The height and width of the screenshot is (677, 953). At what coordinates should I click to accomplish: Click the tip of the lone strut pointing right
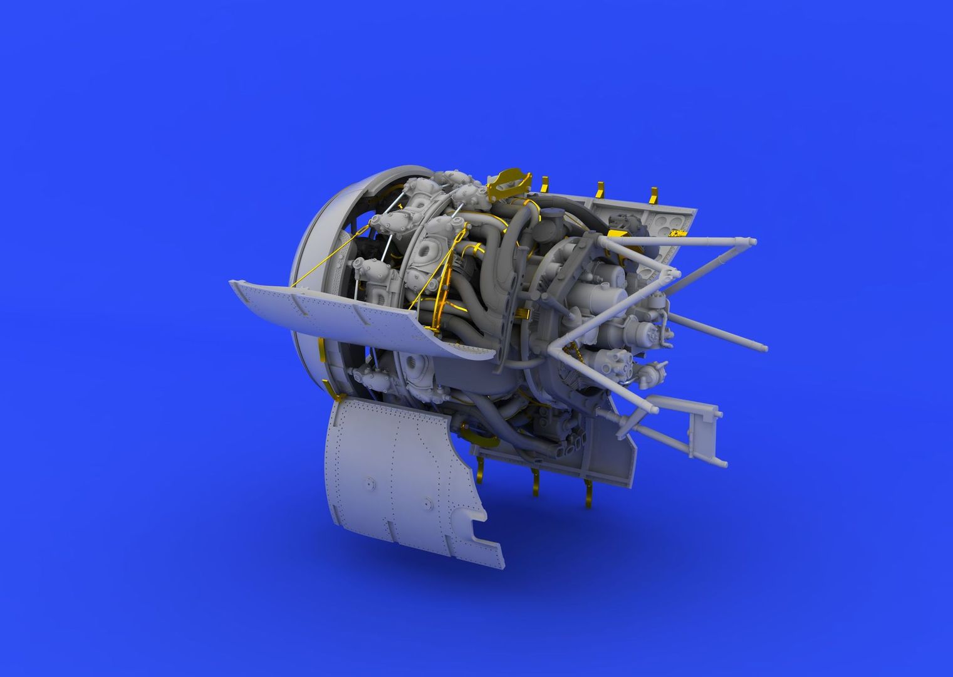764,345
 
